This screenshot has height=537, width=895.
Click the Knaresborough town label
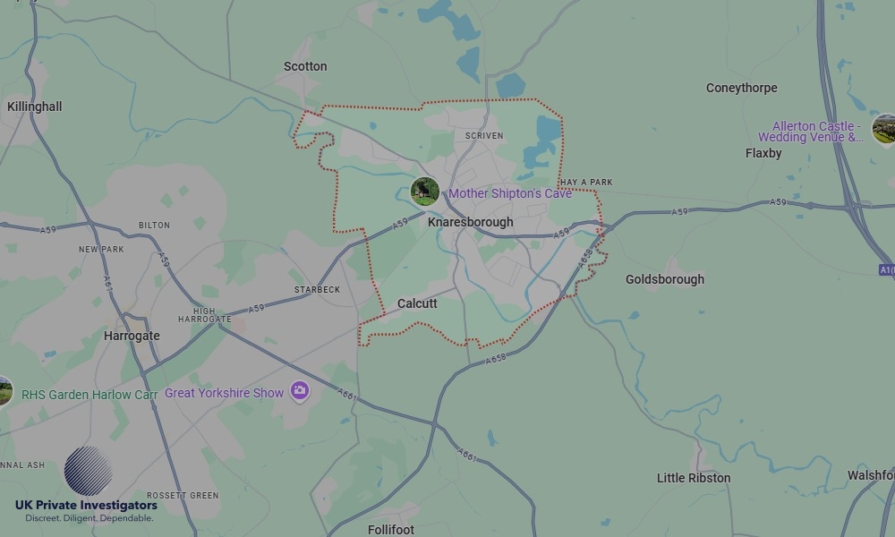(471, 222)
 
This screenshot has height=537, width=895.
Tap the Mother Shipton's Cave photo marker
(425, 191)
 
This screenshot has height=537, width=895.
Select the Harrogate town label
(132, 337)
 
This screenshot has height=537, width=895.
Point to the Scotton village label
(305, 66)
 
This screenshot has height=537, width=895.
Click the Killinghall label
(35, 107)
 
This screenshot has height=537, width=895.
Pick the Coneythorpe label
(741, 88)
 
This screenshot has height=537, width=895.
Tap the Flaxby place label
(763, 153)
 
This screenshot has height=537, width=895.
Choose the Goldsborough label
(665, 279)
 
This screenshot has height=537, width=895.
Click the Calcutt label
(417, 303)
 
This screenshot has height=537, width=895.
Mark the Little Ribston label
(694, 478)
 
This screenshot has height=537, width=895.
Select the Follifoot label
(391, 530)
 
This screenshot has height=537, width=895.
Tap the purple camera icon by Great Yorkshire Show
(300, 391)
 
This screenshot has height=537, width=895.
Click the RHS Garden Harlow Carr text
(89, 395)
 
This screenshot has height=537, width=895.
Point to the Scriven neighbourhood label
(484, 136)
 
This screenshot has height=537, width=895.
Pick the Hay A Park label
(586, 183)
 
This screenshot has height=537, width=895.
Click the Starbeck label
(317, 290)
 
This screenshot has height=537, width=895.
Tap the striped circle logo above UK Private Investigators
(88, 471)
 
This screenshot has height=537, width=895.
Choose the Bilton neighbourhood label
(154, 226)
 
